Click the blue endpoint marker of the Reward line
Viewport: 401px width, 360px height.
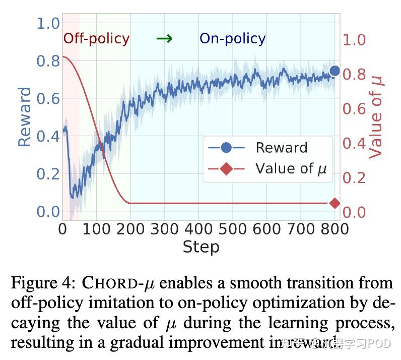point(335,71)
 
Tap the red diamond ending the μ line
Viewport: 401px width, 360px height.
point(335,203)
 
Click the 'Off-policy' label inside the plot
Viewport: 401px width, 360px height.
point(96,38)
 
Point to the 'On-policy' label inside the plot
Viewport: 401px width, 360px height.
point(233,38)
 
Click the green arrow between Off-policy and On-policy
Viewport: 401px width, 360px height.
point(164,38)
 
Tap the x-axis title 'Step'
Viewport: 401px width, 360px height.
point(201,247)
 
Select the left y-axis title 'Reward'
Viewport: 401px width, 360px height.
point(25,117)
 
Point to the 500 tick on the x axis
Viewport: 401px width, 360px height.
point(233,229)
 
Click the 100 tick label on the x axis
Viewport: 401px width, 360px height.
point(96,229)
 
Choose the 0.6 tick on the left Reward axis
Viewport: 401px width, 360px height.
point(48,98)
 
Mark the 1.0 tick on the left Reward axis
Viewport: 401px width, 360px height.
point(48,23)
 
